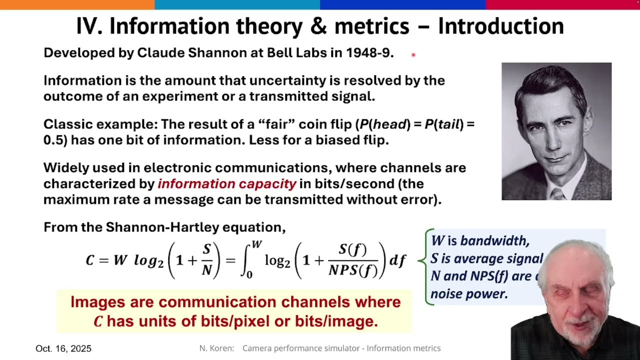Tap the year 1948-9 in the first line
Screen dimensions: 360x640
click(x=369, y=53)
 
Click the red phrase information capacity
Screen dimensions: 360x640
click(x=227, y=184)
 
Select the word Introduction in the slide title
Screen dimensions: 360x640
click(x=500, y=26)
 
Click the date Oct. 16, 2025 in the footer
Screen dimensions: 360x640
click(x=63, y=348)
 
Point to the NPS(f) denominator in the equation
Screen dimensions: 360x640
click(x=353, y=270)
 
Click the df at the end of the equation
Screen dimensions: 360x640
click(x=397, y=260)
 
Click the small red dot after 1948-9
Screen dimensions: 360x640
click(x=413, y=55)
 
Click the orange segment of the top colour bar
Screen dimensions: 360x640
click(x=77, y=4)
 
